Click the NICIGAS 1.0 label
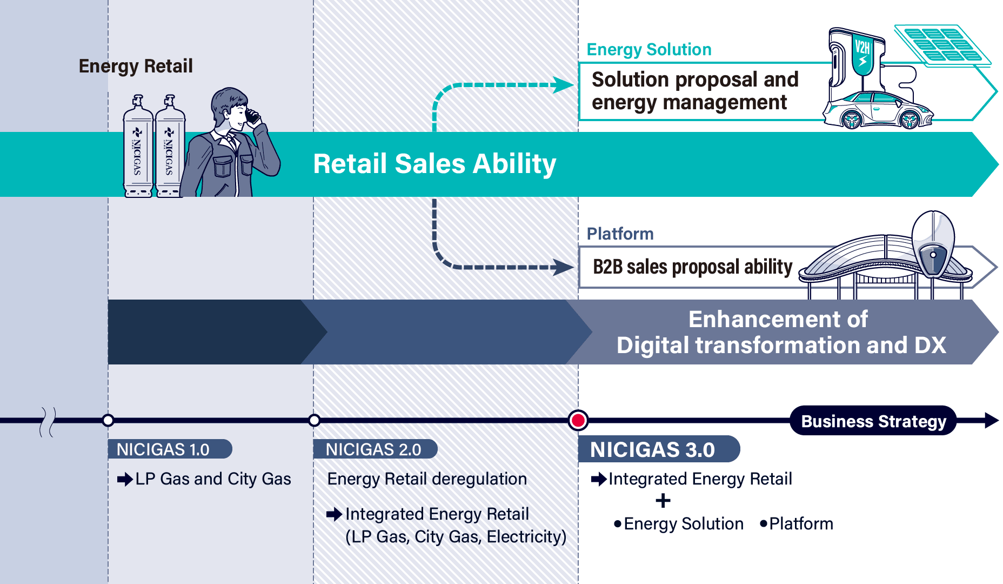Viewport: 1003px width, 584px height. (x=170, y=449)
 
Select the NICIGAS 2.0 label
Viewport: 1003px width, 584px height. (x=375, y=449)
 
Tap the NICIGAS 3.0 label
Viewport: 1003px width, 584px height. (x=659, y=449)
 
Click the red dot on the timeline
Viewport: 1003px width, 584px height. (x=578, y=420)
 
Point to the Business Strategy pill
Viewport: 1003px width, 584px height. (x=873, y=421)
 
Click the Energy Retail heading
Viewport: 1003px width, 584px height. (x=136, y=66)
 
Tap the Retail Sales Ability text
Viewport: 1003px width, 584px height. (x=434, y=164)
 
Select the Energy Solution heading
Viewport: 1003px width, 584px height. (x=649, y=49)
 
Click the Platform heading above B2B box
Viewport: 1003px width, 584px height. (x=620, y=234)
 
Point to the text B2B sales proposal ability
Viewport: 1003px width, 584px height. (x=692, y=267)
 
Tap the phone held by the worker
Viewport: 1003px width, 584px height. (x=252, y=116)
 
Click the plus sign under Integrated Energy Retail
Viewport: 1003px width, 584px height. (x=663, y=501)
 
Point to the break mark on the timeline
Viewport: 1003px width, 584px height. (x=48, y=422)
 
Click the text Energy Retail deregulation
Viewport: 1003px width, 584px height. (x=427, y=479)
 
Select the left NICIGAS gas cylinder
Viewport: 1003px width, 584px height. (x=138, y=146)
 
